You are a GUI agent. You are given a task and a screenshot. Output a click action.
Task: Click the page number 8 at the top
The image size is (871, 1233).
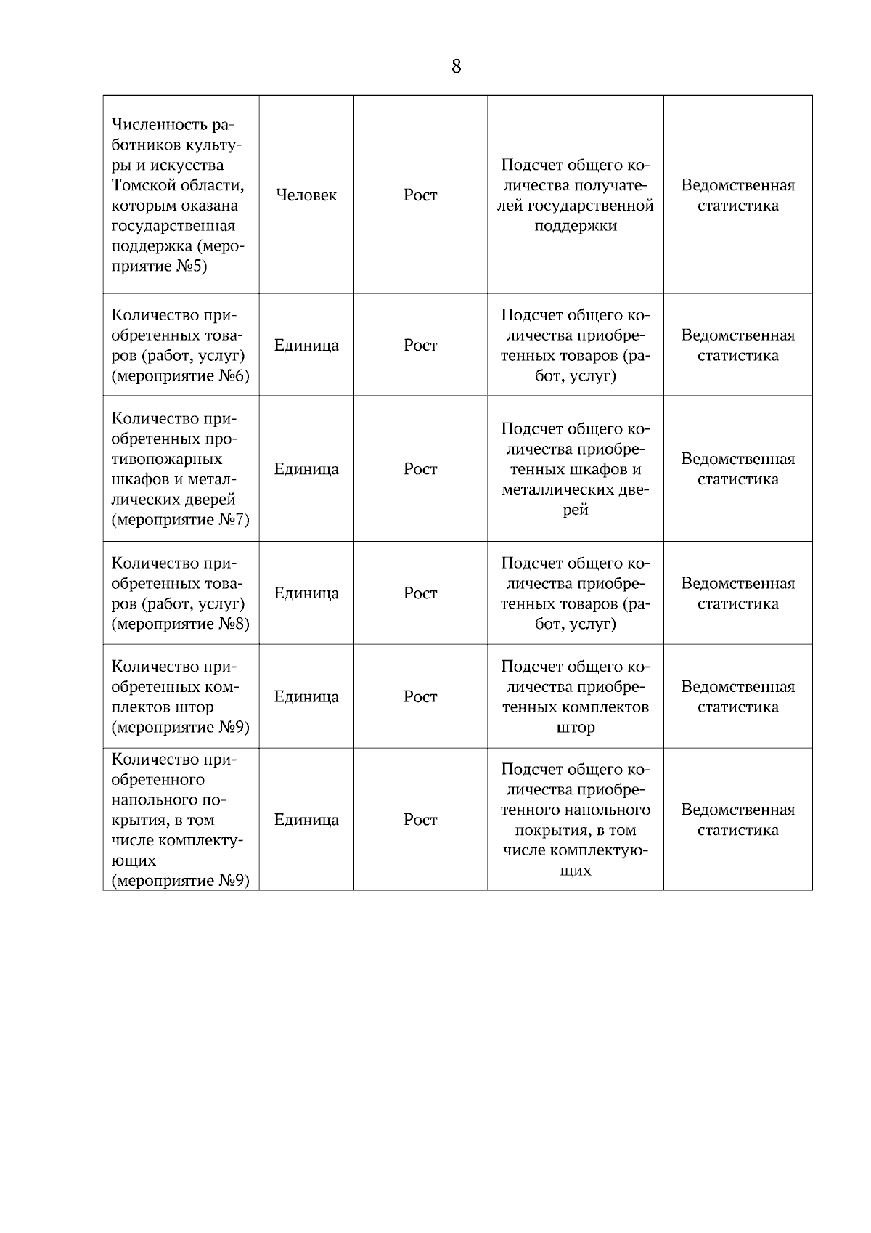click(x=456, y=67)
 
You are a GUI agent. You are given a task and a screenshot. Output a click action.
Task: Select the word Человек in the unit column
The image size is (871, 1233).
click(x=306, y=195)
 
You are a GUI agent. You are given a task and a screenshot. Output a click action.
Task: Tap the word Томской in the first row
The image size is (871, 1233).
click(x=144, y=186)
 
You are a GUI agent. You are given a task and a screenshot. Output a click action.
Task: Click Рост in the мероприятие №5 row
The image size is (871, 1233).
click(x=420, y=195)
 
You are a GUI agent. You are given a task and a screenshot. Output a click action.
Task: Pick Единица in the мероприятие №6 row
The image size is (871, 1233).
click(x=306, y=346)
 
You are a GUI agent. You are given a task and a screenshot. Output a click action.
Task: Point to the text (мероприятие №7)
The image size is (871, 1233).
click(x=181, y=520)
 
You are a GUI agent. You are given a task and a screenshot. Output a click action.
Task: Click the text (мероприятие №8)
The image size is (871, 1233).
click(x=181, y=624)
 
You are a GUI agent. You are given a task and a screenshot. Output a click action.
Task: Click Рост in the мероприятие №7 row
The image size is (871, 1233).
click(x=420, y=469)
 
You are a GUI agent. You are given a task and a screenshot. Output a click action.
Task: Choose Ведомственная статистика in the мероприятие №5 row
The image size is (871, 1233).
click(x=737, y=195)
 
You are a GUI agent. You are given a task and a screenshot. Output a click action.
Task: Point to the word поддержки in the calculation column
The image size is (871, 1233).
click(x=576, y=226)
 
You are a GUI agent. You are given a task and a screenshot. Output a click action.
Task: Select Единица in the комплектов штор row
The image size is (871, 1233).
click(x=306, y=697)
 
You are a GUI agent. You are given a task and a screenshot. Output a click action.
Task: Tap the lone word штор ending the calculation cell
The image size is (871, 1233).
click(x=576, y=728)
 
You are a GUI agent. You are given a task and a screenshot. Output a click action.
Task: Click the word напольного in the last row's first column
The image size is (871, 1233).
click(x=154, y=800)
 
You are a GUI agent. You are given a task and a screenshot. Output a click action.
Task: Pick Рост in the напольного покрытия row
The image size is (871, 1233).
click(x=420, y=820)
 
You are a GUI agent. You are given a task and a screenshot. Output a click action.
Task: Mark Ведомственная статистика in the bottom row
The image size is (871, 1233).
click(x=737, y=820)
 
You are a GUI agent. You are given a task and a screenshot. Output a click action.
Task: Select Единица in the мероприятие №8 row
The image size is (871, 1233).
click(x=306, y=593)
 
